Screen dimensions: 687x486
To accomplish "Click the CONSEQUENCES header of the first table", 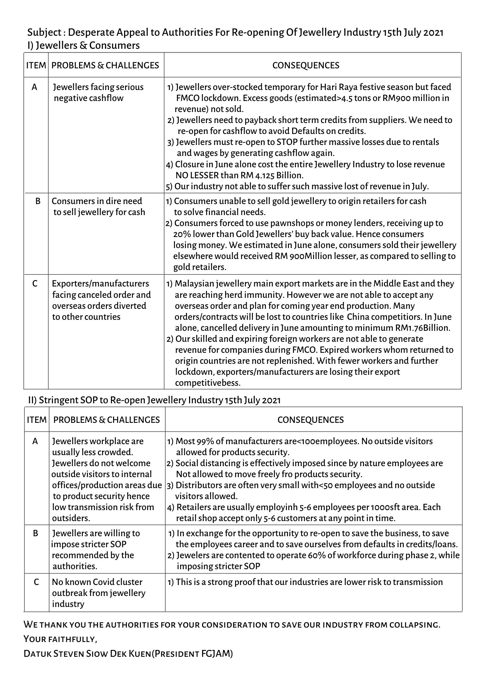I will tap(306, 65).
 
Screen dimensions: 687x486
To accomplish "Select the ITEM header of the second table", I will tap(36, 420).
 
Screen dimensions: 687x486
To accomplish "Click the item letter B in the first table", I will tap(38, 201).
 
